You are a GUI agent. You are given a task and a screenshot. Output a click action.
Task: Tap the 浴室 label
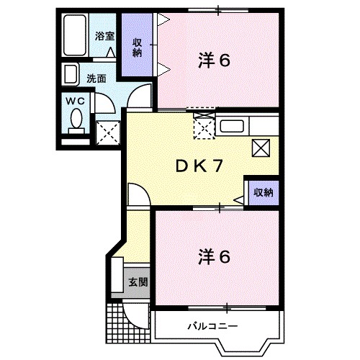[x=105, y=35]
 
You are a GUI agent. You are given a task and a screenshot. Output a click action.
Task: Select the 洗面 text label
[x=96, y=78]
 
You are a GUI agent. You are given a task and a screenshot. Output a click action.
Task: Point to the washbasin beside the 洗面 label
[x=72, y=75]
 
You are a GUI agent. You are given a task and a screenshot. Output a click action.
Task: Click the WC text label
[x=76, y=102]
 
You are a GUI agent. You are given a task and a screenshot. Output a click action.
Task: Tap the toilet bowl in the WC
[x=76, y=120]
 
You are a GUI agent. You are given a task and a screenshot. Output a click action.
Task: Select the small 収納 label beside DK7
[x=263, y=192]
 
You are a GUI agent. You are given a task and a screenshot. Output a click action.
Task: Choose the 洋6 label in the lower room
[x=214, y=256]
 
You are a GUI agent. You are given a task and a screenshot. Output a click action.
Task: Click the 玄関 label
[x=138, y=282]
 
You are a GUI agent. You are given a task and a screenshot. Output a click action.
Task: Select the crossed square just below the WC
[x=107, y=132]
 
